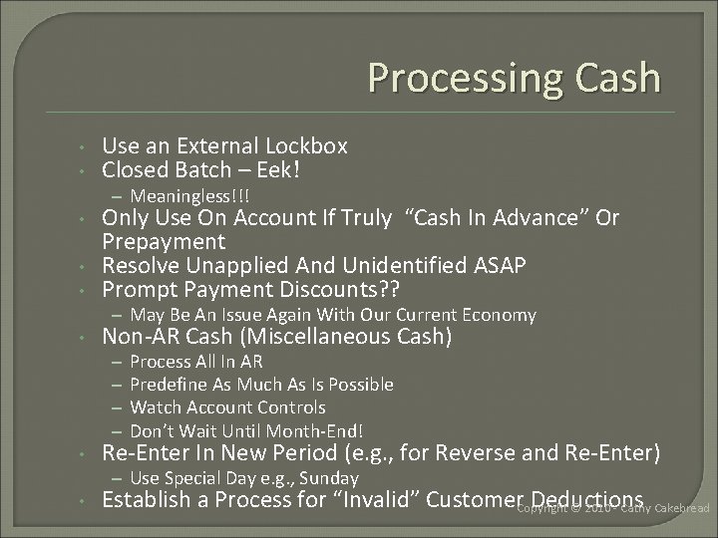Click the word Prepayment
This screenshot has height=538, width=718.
pos(164,242)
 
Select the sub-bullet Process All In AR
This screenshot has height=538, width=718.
pos(196,362)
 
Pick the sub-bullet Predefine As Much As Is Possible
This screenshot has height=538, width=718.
pos(261,385)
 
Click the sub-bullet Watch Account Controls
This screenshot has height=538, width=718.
pos(227,407)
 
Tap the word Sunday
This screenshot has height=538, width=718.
pos(327,479)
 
